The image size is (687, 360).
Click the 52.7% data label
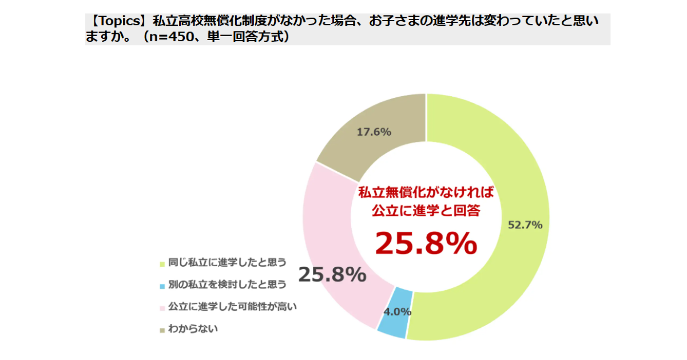(x=525, y=225)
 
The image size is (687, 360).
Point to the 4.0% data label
(x=397, y=312)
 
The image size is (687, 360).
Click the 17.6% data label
(x=374, y=132)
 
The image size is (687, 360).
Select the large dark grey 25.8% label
(x=332, y=275)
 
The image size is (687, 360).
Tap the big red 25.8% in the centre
(x=426, y=243)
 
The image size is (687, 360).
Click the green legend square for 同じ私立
(x=162, y=264)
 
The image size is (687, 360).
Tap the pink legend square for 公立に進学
(x=162, y=307)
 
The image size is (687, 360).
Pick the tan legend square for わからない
(x=162, y=330)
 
